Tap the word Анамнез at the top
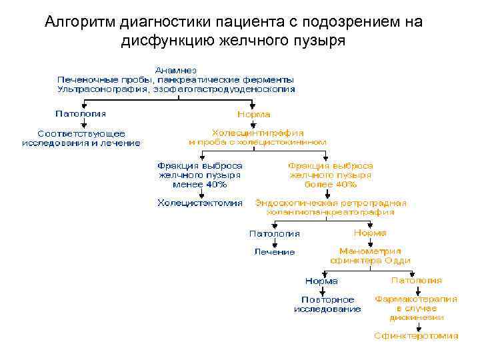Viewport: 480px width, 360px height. pyautogui.click(x=176, y=69)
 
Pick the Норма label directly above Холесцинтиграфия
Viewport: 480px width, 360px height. pyautogui.click(x=253, y=114)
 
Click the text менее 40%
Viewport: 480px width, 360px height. pyautogui.click(x=199, y=184)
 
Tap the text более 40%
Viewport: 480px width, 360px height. pyautogui.click(x=330, y=184)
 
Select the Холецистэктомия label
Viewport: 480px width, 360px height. pyautogui.click(x=199, y=203)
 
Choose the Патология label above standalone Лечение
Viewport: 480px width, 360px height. pyautogui.click(x=274, y=233)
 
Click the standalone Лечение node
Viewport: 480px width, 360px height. pyautogui.click(x=274, y=252)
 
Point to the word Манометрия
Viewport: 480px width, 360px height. pyautogui.click(x=370, y=251)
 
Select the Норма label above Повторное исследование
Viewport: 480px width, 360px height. pyautogui.click(x=321, y=281)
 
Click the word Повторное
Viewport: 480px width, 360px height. pyautogui.click(x=327, y=299)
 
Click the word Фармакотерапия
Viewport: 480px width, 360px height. pyautogui.click(x=416, y=299)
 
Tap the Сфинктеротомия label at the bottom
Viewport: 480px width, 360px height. pyautogui.click(x=416, y=336)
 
